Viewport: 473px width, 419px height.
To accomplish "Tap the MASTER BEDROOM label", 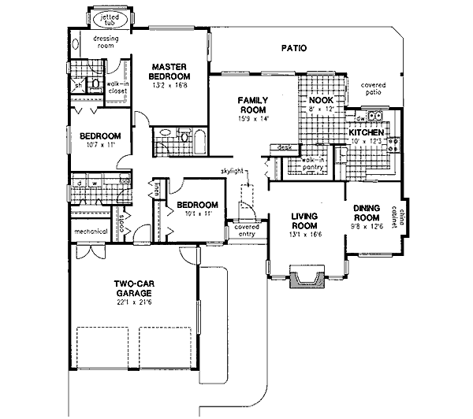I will (x=168, y=72).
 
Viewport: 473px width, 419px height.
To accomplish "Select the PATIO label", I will (x=293, y=49).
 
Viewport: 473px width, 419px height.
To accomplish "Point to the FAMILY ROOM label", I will (x=254, y=106).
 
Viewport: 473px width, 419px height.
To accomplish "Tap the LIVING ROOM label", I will (x=303, y=220).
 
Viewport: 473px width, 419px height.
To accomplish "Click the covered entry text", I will (x=246, y=230).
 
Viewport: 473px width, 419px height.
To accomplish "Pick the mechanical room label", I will (x=91, y=232).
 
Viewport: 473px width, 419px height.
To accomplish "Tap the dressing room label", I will (x=107, y=41).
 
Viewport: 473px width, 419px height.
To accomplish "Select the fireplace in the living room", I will (x=307, y=278).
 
